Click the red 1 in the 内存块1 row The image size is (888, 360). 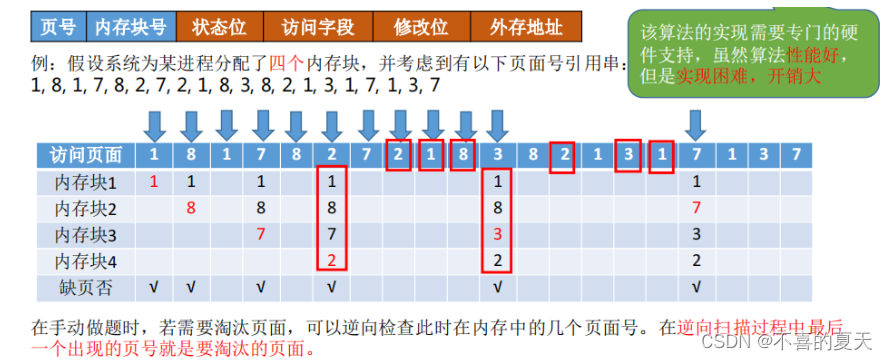[x=154, y=182]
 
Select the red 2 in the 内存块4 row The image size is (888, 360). [x=331, y=259]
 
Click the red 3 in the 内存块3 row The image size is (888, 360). [x=497, y=233]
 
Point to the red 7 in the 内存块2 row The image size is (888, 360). [x=696, y=208]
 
